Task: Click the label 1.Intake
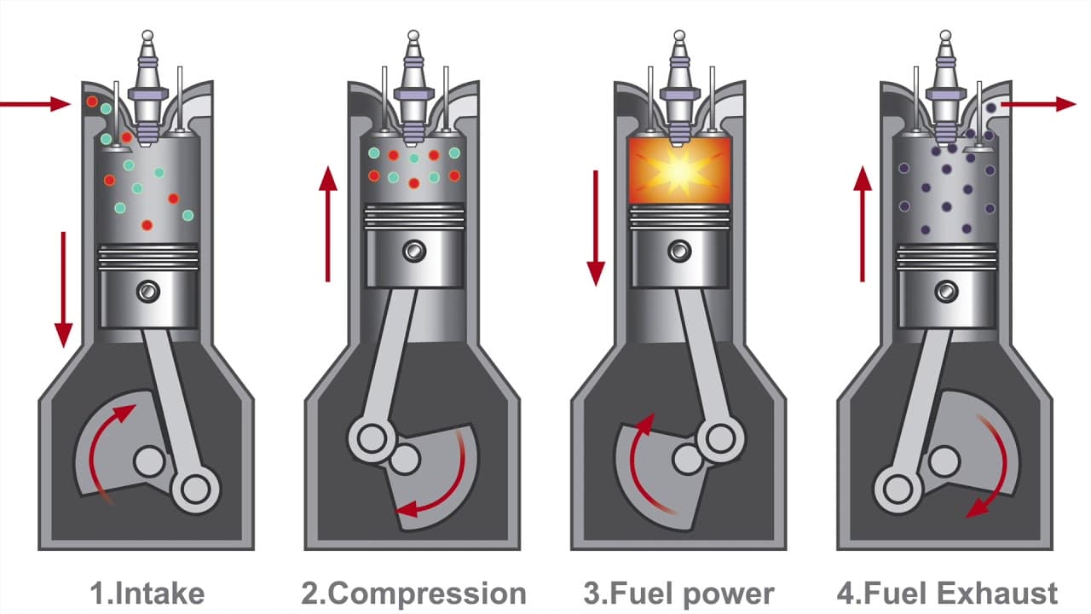147,594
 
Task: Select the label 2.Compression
413,594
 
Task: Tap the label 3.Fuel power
679,594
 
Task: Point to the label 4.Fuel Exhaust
947,594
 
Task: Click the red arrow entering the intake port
34,104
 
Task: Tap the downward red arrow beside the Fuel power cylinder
596,227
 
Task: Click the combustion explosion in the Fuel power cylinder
679,171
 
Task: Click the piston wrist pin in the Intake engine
148,292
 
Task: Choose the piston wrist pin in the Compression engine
414,251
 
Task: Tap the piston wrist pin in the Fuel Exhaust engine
946,291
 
